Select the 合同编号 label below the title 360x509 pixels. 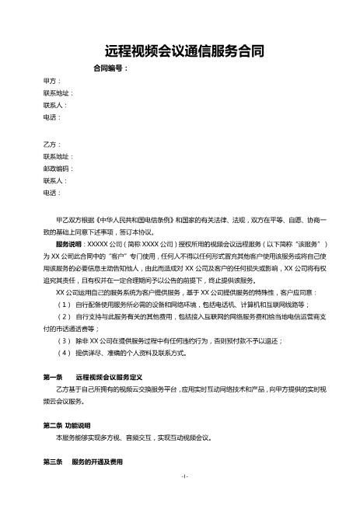pos(110,68)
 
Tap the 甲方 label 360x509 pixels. pos(53,80)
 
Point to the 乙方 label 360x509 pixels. pos(53,145)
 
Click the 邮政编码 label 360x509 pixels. pos(59,169)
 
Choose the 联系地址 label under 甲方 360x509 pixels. pos(59,92)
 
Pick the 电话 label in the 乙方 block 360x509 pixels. pos(53,193)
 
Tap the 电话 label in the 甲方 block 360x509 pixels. pos(53,117)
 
